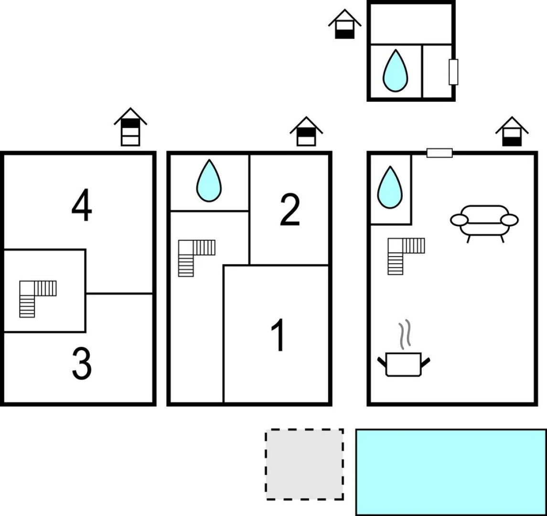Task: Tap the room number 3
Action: coord(82,365)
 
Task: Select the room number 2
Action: coord(290,210)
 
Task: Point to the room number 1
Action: coord(278,336)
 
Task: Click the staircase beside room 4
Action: coord(37,299)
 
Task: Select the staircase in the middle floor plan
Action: coord(196,258)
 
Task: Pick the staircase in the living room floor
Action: coord(406,256)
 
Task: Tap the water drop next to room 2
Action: coord(209,181)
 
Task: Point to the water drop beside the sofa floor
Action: coord(390,188)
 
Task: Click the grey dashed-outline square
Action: coord(305,464)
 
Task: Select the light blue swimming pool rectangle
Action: coord(451,472)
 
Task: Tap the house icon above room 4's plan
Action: coord(130,127)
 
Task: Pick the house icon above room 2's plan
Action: coord(306,131)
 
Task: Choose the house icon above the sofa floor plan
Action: coord(512,131)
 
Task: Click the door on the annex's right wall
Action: coord(453,72)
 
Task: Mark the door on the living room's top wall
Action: coord(440,153)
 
